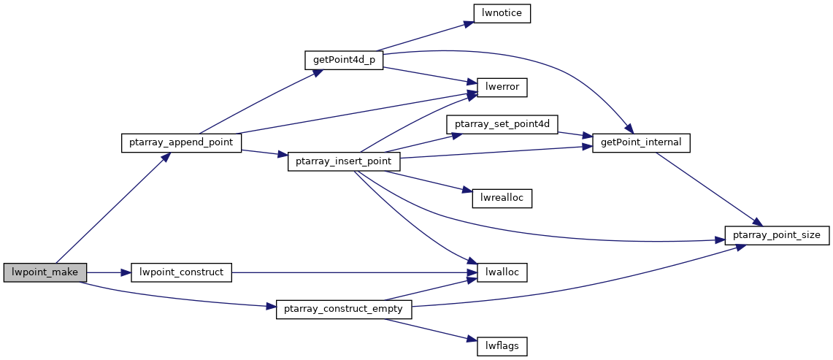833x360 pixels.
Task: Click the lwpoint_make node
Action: (45, 272)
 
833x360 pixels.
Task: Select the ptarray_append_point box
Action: (182, 142)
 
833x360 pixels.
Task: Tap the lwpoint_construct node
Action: (181, 272)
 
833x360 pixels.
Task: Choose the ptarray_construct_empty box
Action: (345, 309)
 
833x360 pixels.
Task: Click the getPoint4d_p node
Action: (344, 60)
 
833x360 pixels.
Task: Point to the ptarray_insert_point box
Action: (344, 161)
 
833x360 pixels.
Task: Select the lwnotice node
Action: (502, 12)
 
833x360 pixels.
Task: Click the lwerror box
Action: (502, 87)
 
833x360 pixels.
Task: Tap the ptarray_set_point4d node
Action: (502, 124)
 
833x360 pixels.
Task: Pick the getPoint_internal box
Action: (641, 142)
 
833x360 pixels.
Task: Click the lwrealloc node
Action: (502, 198)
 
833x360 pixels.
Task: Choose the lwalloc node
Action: (502, 272)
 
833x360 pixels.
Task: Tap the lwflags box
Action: (502, 346)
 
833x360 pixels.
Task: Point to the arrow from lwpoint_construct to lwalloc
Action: (354, 272)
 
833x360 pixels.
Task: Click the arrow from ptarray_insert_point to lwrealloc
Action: (429, 181)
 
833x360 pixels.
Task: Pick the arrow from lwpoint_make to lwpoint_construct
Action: (108, 272)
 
